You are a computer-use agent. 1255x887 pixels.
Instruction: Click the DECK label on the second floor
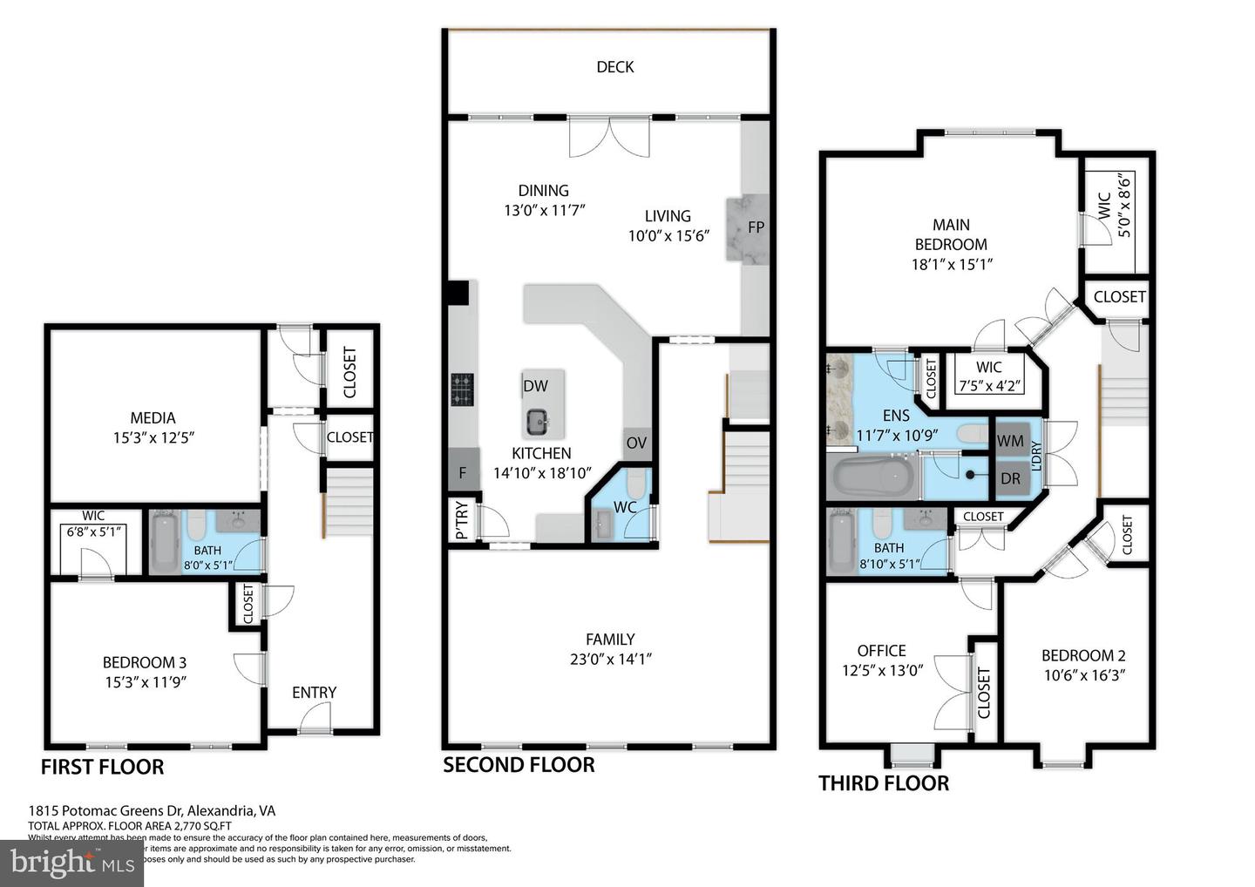coord(614,67)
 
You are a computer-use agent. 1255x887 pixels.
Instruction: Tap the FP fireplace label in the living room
coord(756,227)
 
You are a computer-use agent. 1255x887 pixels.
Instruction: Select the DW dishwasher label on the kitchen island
coord(535,386)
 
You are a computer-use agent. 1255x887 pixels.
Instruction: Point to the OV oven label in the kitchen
coord(636,443)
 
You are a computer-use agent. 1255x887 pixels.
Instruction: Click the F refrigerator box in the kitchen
coord(463,473)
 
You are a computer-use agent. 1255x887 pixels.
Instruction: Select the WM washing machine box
coord(1010,441)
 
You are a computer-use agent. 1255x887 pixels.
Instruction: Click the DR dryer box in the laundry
coord(1010,479)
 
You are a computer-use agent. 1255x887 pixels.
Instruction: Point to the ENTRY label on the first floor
coord(314,692)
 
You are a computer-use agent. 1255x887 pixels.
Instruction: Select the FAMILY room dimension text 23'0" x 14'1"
coord(610,660)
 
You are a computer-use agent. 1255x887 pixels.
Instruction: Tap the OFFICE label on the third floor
coord(881,651)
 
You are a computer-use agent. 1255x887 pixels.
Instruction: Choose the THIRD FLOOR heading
coord(883,782)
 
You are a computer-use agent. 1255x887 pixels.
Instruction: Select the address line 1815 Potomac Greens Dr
coord(152,810)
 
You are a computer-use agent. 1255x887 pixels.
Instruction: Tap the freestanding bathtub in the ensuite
coord(872,477)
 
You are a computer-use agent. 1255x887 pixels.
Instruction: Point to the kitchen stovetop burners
coord(462,389)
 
